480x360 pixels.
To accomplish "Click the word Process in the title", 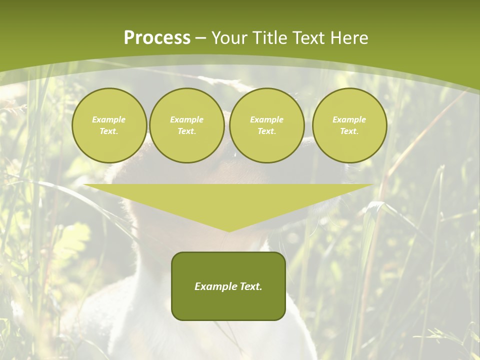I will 157,38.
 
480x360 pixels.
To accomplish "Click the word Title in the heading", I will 269,38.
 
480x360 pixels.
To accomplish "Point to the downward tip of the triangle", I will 229,230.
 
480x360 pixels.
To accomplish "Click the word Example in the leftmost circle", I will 109,119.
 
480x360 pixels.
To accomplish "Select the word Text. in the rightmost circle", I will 349,131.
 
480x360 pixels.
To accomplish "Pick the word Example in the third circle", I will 266,119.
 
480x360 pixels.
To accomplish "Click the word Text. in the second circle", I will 186,131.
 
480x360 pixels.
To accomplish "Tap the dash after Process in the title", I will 200,38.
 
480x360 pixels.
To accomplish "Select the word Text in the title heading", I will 307,38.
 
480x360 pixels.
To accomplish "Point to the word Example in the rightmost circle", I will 349,119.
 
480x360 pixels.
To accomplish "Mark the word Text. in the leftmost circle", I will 109,131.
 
